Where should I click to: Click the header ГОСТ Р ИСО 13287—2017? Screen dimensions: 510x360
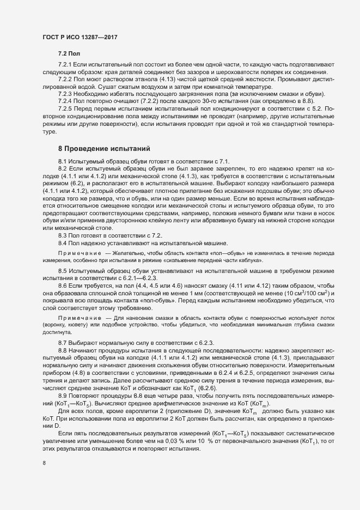[x=80, y=37]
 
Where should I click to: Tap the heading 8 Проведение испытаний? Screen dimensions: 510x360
[x=100, y=148]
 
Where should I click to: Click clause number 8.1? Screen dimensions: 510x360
[x=63, y=161]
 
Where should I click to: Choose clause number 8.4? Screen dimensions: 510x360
[x=63, y=242]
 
